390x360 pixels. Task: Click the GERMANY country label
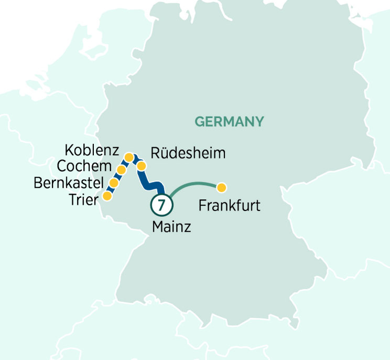click(x=229, y=122)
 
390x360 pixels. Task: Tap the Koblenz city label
click(x=92, y=150)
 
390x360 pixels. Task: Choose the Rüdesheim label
click(x=188, y=153)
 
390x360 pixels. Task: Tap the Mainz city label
click(x=171, y=227)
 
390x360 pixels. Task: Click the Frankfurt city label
click(x=229, y=205)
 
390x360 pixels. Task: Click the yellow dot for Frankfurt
click(x=222, y=187)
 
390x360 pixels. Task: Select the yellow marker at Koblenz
click(x=128, y=157)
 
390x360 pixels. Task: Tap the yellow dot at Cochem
click(x=121, y=170)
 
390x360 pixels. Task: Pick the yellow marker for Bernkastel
click(x=113, y=183)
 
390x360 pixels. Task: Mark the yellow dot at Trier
click(x=107, y=196)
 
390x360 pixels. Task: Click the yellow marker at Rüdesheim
click(x=142, y=166)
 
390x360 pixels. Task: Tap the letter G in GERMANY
click(x=199, y=122)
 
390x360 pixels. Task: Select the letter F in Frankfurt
click(x=202, y=205)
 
